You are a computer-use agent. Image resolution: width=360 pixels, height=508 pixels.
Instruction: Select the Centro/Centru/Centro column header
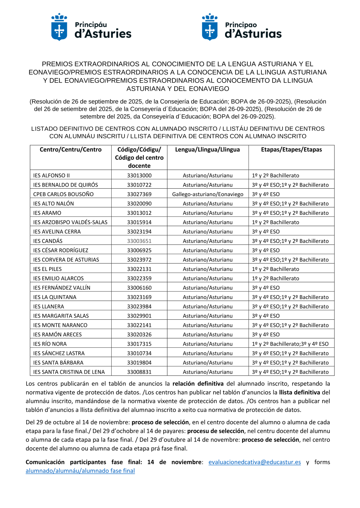tap(71, 149)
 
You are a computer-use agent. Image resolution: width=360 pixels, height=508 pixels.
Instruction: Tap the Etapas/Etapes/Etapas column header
tap(291, 149)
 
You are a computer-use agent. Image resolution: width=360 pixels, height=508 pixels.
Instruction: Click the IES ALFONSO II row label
tap(51, 176)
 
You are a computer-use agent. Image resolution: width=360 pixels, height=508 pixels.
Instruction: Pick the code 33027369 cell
tap(139, 194)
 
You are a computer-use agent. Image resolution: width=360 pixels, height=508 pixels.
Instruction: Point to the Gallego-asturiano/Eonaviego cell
tap(208, 194)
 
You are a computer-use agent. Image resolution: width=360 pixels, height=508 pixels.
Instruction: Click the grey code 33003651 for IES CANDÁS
tap(139, 241)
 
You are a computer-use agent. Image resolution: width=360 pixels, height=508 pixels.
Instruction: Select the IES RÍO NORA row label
tap(50, 344)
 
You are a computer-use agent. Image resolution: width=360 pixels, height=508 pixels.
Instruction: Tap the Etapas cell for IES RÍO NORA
tap(290, 344)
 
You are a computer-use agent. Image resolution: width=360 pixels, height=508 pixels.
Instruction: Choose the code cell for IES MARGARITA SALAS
tap(139, 316)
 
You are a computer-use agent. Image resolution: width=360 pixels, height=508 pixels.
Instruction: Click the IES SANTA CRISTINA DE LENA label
tap(69, 372)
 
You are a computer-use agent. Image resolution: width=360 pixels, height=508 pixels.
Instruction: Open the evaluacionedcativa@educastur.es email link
tap(255, 462)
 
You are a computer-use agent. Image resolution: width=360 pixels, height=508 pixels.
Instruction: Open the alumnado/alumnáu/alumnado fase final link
tap(80, 471)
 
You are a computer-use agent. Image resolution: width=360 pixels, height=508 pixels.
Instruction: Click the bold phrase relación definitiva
tap(198, 384)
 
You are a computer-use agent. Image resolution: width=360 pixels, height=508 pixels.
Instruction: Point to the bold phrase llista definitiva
tap(300, 392)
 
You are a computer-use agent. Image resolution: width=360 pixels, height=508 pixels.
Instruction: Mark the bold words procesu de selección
tap(216, 431)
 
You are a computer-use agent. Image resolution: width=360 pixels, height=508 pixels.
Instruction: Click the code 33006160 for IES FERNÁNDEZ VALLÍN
tap(139, 288)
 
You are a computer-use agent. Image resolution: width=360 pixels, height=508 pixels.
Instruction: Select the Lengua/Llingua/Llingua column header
tap(207, 149)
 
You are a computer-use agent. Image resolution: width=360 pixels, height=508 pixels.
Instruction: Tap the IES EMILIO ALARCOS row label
tap(58, 278)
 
